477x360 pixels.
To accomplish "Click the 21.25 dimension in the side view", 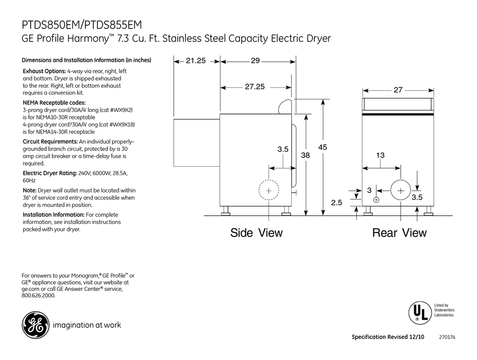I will point(196,61).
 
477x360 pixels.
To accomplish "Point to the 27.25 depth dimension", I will point(255,87).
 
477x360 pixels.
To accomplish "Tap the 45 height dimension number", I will point(322,147).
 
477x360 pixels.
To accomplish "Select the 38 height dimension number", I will point(305,156).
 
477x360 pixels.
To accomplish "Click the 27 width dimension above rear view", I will point(398,90).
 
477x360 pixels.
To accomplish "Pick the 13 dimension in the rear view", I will point(380,156).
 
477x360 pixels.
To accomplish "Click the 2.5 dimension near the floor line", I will point(336,202).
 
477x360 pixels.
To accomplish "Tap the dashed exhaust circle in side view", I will point(269,191).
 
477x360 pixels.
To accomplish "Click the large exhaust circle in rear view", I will point(401,191).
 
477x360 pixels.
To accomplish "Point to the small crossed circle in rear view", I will point(377,199).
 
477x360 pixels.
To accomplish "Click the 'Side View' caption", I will point(257,233).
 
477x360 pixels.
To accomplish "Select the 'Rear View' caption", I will point(399,233).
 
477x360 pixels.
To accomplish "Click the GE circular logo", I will point(34,325).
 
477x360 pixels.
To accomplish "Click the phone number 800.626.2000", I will point(39,296).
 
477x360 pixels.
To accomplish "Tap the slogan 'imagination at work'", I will point(86,325).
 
